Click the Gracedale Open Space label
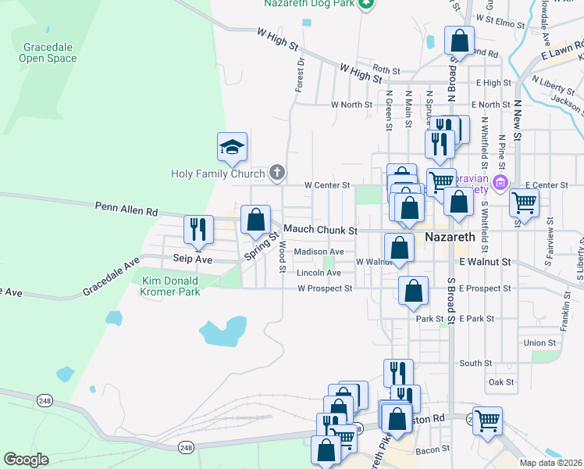[48, 52]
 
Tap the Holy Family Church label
[219, 173]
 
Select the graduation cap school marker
[232, 147]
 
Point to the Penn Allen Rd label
[126, 209]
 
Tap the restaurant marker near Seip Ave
[198, 228]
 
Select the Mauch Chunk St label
[319, 231]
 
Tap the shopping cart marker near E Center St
[524, 202]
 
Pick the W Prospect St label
[325, 288]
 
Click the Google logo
[26, 460]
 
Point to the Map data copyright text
[551, 463]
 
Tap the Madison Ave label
[319, 252]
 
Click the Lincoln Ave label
[319, 273]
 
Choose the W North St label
[354, 104]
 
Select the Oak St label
[500, 382]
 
